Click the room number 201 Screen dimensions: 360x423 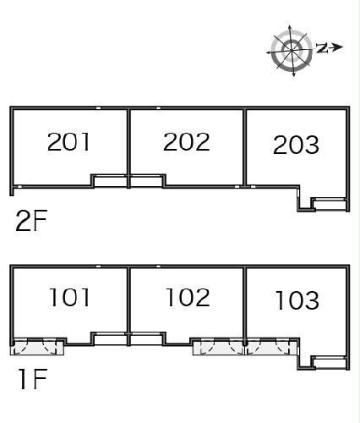tap(68, 141)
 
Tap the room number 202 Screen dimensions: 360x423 tap(187, 141)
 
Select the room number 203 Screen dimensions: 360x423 tap(296, 145)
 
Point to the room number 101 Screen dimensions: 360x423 tap(69, 297)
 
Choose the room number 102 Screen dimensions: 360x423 tap(188, 297)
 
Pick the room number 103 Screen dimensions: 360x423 tap(297, 300)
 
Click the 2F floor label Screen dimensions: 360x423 tap(31, 221)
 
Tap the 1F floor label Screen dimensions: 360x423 tap(33, 379)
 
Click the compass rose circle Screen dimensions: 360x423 tap(292, 51)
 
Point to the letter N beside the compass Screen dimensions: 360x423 tap(322, 48)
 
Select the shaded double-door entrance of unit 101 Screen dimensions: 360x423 tap(37, 347)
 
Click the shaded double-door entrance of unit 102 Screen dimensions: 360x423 tap(218, 347)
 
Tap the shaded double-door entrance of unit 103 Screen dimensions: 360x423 tap(271, 347)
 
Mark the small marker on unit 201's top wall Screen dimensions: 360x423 tap(98, 108)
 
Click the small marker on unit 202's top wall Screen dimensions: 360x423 tap(158, 108)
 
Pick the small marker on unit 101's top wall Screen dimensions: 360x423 tap(98, 266)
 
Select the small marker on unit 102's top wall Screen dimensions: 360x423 tap(158, 266)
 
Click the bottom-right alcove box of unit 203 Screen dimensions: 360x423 tap(330, 204)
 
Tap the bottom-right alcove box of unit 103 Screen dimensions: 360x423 tap(330, 363)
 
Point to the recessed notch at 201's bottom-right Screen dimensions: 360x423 tap(110, 181)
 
